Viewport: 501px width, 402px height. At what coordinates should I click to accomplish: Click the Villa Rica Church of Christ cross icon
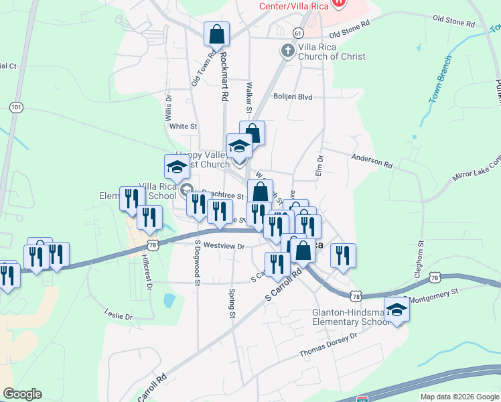point(287,50)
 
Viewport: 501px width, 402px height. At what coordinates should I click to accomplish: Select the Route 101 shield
point(17,107)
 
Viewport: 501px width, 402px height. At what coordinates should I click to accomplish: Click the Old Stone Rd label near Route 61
point(349,29)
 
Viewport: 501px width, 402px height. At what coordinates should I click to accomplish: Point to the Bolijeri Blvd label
point(293,96)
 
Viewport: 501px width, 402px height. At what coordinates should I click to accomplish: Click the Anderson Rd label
point(372,160)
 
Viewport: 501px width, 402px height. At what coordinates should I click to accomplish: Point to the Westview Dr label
point(224,246)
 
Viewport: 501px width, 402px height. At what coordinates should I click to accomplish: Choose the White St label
point(183,126)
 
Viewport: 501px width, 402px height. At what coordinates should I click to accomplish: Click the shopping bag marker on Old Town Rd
point(217,33)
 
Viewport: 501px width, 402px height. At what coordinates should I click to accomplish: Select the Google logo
point(22,394)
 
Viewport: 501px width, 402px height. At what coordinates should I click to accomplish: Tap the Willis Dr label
point(169,107)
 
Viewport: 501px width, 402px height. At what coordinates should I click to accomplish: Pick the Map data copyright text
point(459,397)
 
